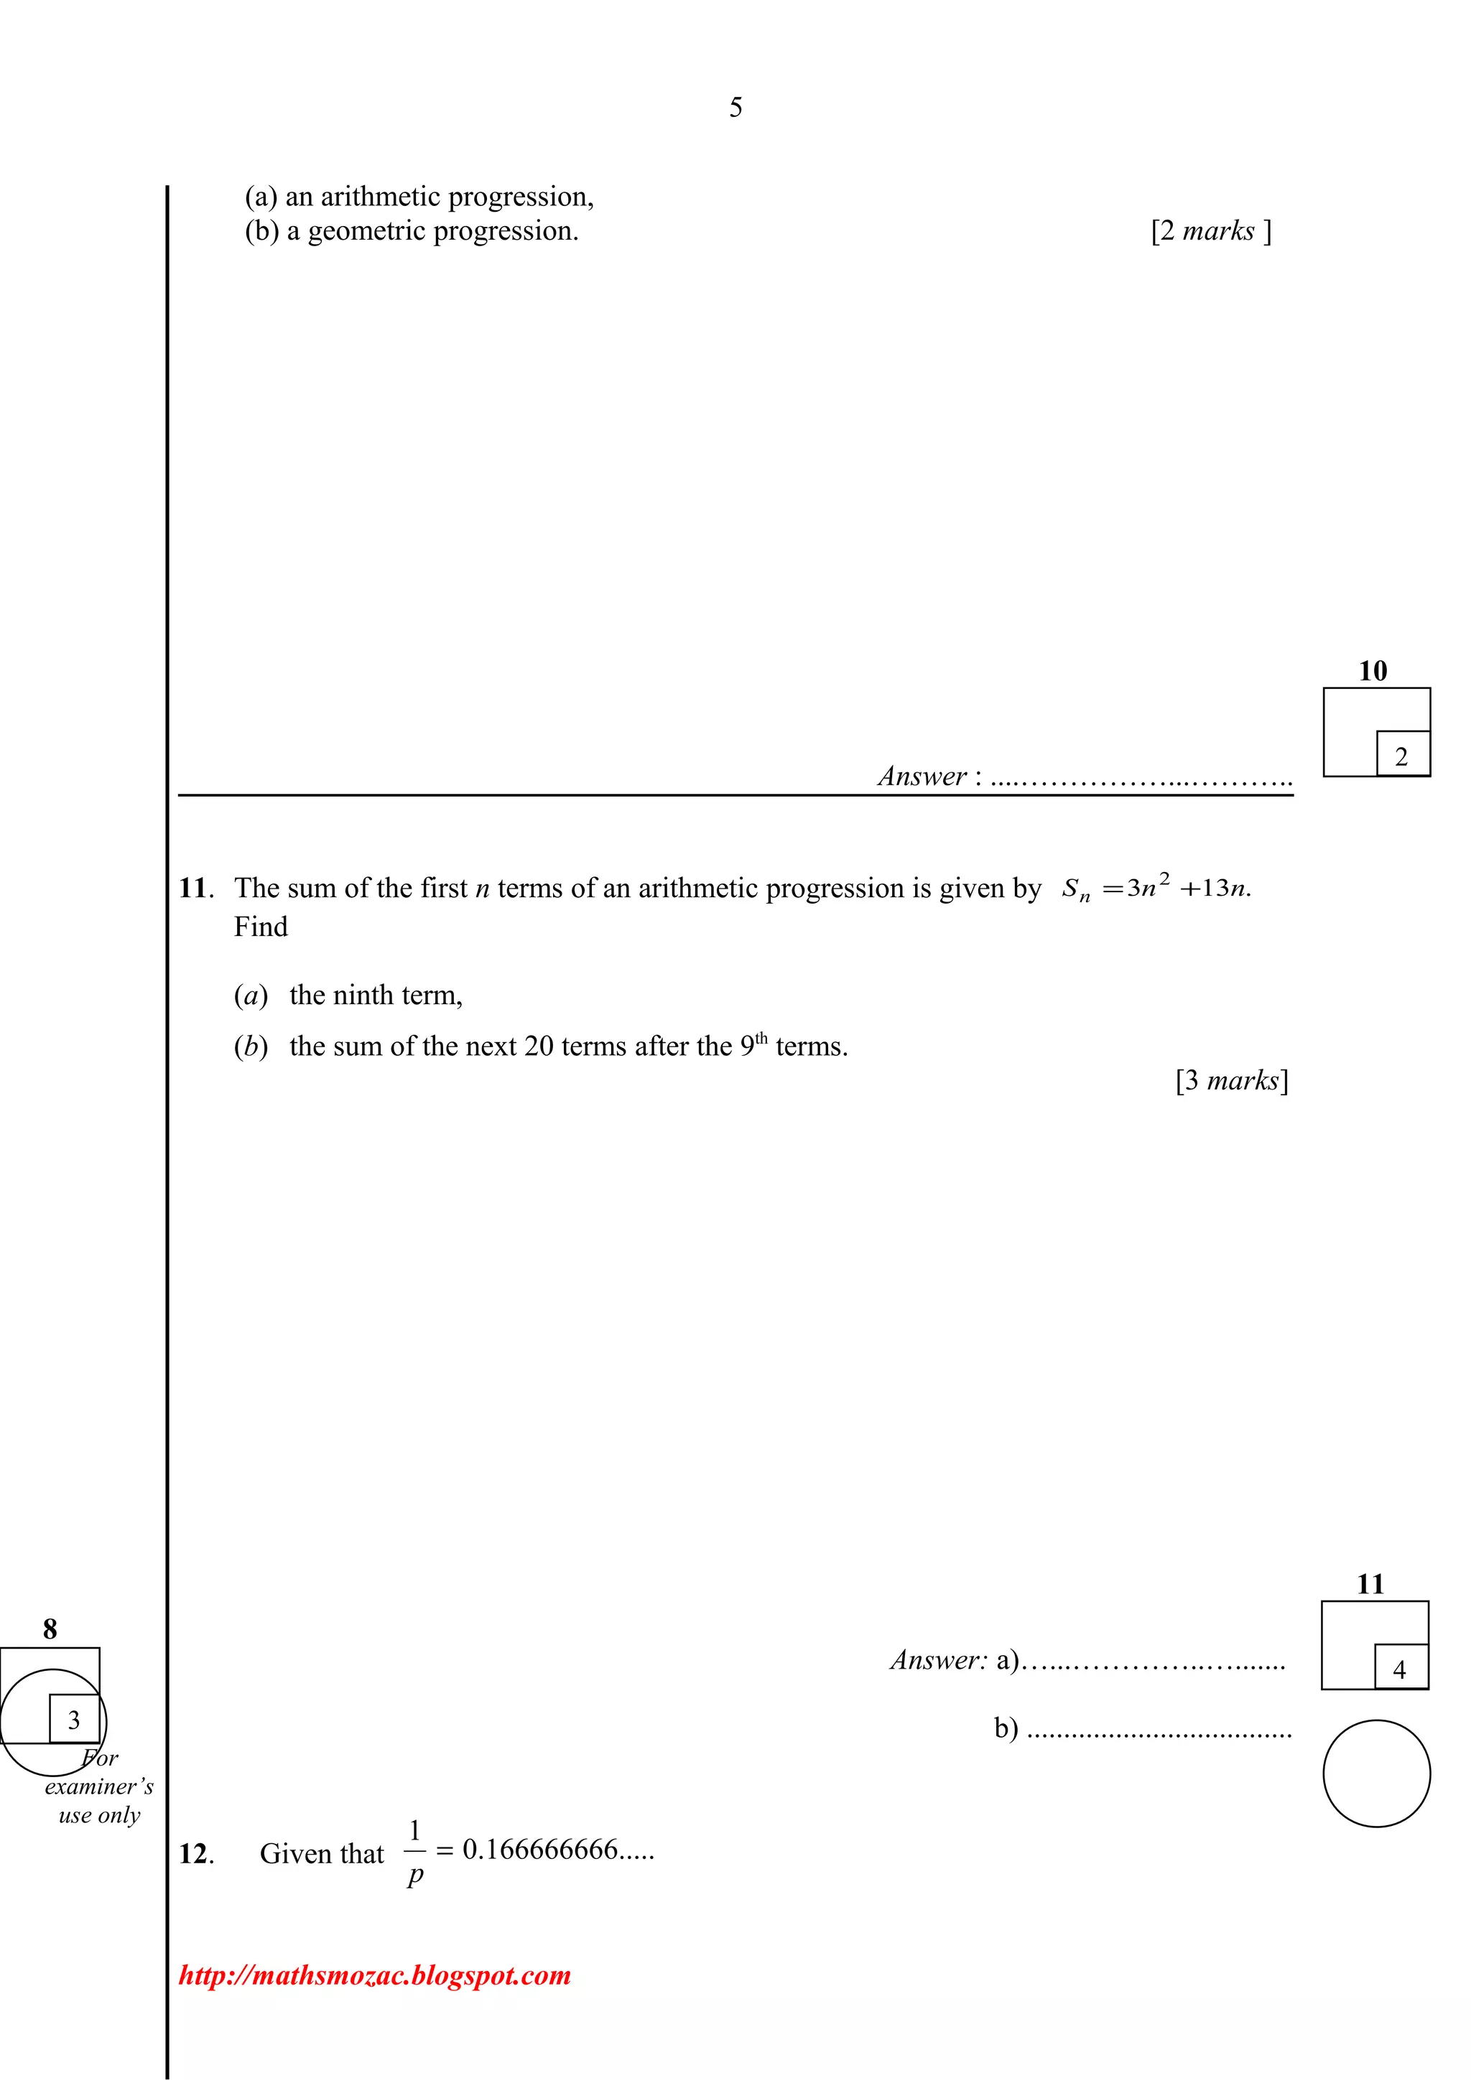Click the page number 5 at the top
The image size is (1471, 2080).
(735, 108)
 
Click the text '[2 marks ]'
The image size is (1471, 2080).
(1211, 231)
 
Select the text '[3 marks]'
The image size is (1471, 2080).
(1232, 1081)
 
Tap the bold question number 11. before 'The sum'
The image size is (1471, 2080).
(195, 888)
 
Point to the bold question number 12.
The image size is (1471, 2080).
(195, 1853)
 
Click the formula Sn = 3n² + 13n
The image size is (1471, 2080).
(1156, 888)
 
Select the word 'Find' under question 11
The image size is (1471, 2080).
(260, 927)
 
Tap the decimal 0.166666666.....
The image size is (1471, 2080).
(540, 1849)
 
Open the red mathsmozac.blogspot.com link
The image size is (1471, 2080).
(374, 1975)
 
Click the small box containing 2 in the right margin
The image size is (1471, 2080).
(1401, 754)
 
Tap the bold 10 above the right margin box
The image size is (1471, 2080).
(1372, 671)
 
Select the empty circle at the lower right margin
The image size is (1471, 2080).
(1376, 1773)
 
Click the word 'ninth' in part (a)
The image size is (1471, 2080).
(363, 996)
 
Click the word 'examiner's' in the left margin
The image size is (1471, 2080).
(99, 1786)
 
